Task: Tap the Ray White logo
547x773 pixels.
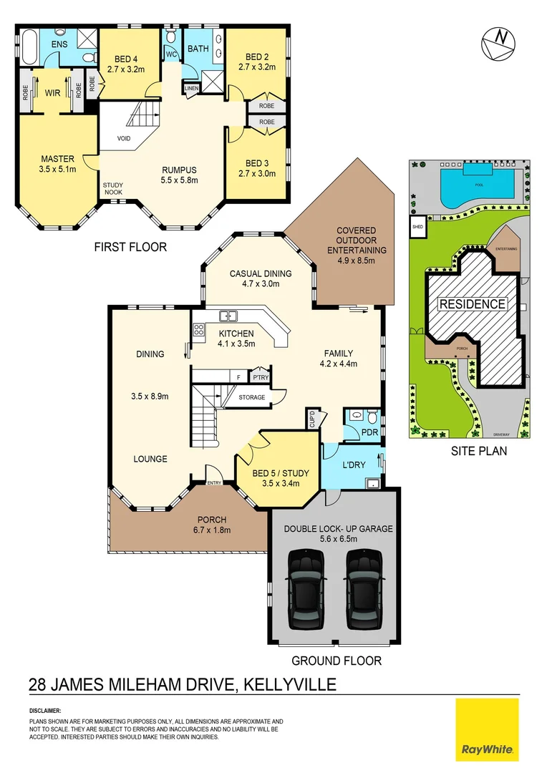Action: tap(487, 729)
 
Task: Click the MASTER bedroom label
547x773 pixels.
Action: tap(58, 164)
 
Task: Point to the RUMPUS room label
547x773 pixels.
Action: tap(178, 175)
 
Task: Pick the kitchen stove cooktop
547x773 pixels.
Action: tap(198, 330)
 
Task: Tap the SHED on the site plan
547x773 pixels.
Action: tap(417, 227)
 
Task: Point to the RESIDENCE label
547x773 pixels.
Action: tap(472, 303)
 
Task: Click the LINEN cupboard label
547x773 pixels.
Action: tap(191, 89)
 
